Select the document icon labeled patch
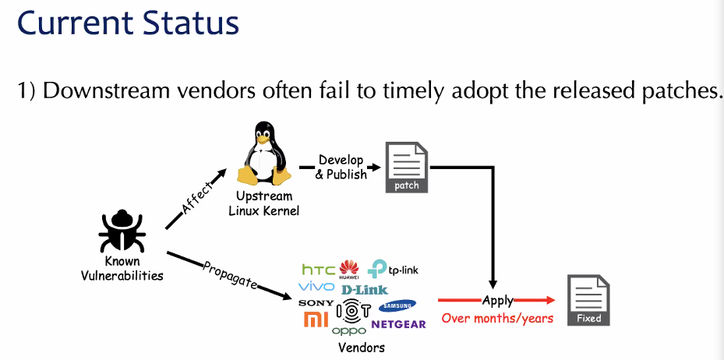pos(406,167)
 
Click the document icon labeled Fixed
pos(588,300)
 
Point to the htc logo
pos(318,270)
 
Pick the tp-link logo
pos(393,270)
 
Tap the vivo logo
pos(316,288)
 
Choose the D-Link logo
pos(364,289)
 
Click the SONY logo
pos(315,303)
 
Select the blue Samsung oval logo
pos(397,305)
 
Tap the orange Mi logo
pos(315,319)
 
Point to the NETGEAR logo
pos(398,323)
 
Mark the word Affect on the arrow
pos(197,198)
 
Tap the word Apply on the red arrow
pos(496,299)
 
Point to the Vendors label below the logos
pos(361,348)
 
